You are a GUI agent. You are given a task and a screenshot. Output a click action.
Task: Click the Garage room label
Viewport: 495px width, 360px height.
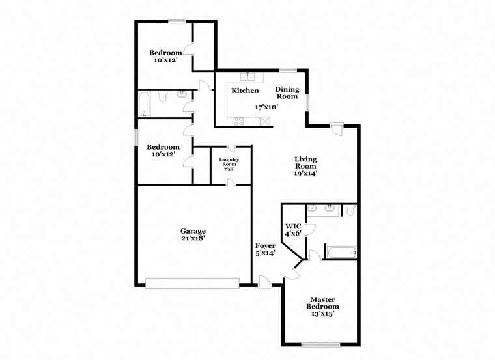tap(193, 231)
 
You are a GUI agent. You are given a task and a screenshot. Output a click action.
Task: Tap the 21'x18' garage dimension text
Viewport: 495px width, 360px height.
tap(193, 238)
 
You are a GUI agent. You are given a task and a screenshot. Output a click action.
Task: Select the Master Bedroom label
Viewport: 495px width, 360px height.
tap(322, 303)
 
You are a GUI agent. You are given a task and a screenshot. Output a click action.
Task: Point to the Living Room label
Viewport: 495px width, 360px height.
tap(305, 163)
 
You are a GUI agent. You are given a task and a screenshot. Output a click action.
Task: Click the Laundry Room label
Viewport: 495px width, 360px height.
tap(229, 162)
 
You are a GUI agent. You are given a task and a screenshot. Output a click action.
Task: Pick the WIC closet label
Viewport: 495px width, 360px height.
tap(293, 227)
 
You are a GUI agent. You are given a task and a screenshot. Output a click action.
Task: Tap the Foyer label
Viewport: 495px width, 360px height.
tap(265, 246)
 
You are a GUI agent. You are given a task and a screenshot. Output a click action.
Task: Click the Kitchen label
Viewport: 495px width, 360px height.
tap(245, 90)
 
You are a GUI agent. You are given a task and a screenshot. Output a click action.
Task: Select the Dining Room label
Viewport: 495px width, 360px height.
tap(287, 92)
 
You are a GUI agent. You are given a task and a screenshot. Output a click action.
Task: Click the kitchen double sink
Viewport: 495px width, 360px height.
tap(247, 77)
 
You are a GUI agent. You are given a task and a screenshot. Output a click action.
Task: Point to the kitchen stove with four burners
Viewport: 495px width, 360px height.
tap(238, 121)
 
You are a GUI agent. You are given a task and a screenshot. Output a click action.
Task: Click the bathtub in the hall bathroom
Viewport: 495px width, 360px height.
tap(145, 104)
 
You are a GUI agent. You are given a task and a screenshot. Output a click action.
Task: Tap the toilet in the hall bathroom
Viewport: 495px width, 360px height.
tap(162, 96)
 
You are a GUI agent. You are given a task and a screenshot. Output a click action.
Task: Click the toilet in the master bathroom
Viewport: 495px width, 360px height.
tap(350, 210)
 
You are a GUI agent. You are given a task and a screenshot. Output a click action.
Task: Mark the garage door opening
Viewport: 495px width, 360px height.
tap(192, 283)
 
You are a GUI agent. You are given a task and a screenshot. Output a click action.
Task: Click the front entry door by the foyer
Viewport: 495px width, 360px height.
tap(264, 282)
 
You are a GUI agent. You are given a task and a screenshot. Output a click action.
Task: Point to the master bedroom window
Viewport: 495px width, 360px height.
tap(320, 345)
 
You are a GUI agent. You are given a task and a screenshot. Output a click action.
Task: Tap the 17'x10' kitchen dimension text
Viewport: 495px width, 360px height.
tap(266, 107)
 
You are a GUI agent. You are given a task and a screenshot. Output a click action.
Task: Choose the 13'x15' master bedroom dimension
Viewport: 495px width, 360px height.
tap(322, 314)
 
